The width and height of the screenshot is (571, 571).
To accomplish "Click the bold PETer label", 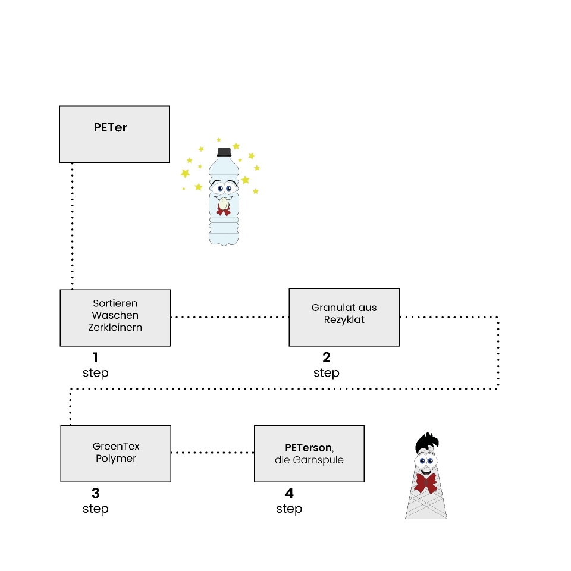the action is pos(111,127).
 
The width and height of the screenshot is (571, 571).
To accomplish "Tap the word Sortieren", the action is pos(115,303).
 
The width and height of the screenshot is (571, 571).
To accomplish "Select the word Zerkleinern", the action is pos(115,327).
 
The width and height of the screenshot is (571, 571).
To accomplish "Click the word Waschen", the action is pos(115,315).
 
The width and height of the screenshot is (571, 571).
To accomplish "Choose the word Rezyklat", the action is pos(344,319).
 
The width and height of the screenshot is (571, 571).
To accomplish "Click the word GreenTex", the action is pos(116,446).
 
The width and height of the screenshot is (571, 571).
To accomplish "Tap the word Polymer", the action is pos(116,458).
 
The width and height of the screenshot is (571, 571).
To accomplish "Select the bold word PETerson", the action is pos(309,447).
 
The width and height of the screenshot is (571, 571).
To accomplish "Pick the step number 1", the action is pos(95,357).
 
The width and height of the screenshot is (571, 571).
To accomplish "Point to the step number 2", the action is pos(327,357).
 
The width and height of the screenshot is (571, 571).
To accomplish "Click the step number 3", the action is pos(95,493).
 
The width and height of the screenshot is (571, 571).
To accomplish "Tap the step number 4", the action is pos(289,493).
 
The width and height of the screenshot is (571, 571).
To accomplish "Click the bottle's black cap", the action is pos(224,152).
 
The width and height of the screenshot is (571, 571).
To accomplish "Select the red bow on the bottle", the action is pos(223,209).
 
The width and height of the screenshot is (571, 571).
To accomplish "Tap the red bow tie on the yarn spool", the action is pos(426,483).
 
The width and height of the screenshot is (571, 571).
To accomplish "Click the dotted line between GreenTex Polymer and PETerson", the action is pos(212,453).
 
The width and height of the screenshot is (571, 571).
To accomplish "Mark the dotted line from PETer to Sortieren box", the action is pos(73,226).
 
